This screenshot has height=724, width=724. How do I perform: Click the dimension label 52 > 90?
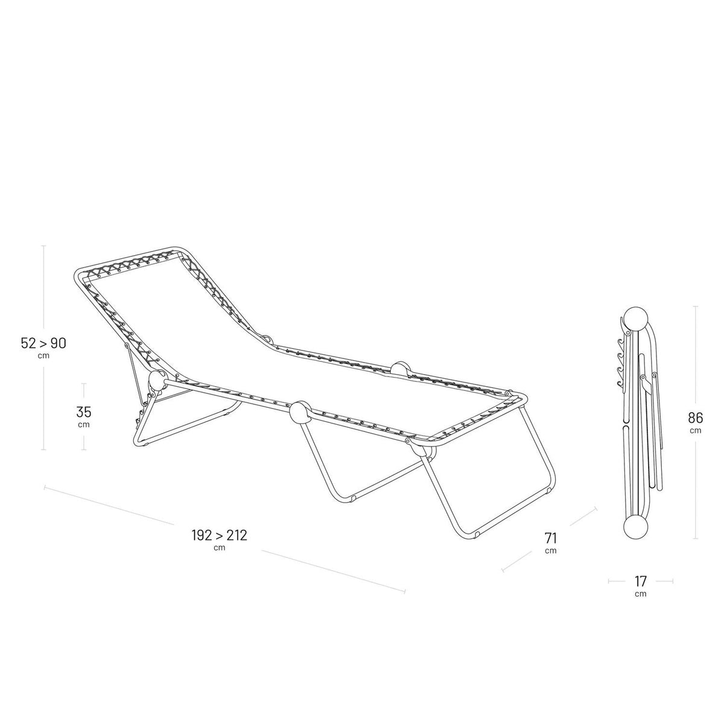43,343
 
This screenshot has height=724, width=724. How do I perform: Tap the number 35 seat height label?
83,412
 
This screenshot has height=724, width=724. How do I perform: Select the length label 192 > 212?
220,535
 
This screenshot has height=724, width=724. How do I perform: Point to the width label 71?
550,538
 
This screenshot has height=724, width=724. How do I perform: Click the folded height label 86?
696,418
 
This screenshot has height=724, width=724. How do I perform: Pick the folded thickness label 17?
641,581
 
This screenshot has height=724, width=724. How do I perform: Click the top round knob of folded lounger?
636,320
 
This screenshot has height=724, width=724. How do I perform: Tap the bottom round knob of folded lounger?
636,528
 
